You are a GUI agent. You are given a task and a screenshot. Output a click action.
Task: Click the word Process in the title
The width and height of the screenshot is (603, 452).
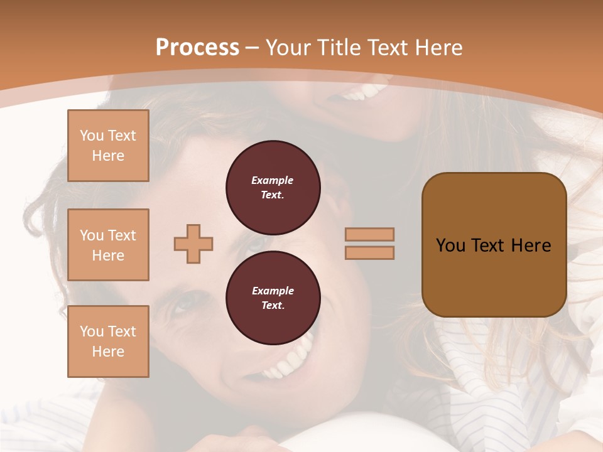click(197, 48)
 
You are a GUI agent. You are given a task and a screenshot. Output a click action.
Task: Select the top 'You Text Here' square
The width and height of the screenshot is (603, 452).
click(108, 146)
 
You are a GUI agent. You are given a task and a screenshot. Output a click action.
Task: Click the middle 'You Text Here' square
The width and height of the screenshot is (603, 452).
click(108, 245)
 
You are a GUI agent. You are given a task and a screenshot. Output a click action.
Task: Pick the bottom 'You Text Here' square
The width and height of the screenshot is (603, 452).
click(108, 342)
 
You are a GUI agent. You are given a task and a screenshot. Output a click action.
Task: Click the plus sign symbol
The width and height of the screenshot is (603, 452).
click(193, 244)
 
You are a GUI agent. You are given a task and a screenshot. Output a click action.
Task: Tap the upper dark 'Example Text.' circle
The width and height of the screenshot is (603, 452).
click(273, 188)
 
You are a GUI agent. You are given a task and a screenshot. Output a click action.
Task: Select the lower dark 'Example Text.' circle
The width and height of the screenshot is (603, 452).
click(273, 298)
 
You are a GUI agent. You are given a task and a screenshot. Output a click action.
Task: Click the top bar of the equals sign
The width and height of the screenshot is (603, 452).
click(369, 234)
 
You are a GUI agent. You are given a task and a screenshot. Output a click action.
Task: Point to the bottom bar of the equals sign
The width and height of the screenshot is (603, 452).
click(369, 253)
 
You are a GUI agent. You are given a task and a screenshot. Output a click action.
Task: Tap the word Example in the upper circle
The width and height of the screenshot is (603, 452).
click(273, 180)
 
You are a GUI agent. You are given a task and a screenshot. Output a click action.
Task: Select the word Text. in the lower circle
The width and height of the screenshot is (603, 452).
click(273, 306)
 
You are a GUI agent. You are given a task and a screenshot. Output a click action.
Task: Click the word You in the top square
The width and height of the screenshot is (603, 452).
click(91, 136)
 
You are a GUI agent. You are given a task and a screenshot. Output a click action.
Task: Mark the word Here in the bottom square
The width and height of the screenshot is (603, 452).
click(108, 352)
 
